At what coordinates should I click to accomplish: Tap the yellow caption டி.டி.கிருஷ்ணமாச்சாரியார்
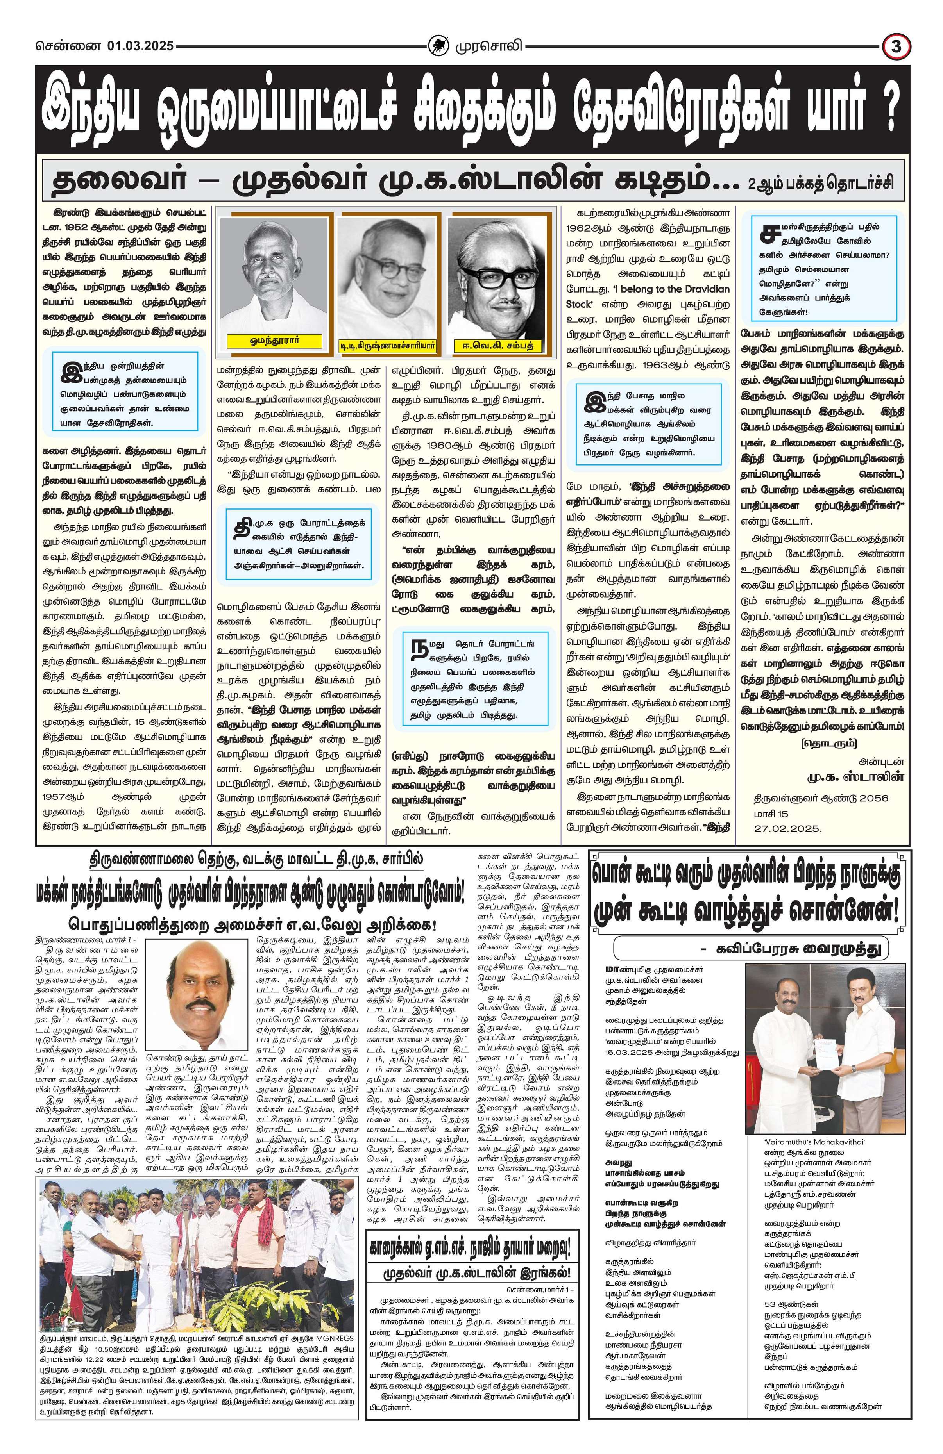point(387,346)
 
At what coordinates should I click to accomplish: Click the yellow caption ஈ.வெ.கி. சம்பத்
point(498,346)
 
